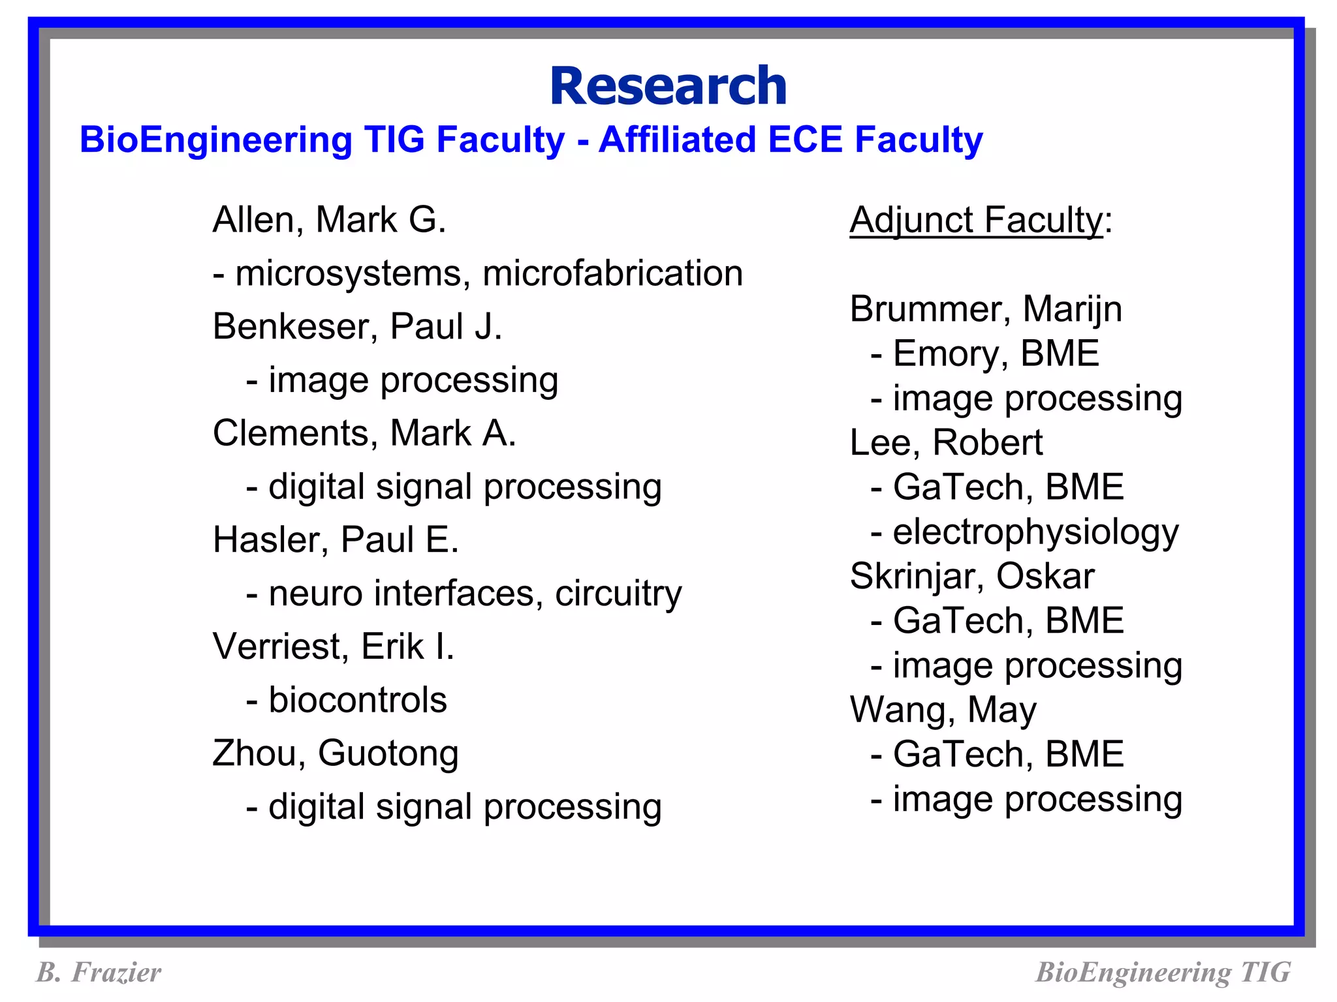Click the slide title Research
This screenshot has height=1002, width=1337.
668,86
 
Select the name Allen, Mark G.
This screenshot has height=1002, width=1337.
329,220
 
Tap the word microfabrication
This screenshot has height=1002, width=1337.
612,273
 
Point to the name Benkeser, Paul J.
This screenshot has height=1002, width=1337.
357,326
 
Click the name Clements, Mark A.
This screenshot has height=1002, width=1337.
364,433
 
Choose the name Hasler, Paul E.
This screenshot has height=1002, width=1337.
336,540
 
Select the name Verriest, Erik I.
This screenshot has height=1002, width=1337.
333,646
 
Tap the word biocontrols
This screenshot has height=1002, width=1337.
358,700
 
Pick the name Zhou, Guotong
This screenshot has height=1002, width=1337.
336,753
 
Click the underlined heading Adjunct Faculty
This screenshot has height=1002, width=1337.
976,220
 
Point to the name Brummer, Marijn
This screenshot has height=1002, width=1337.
985,309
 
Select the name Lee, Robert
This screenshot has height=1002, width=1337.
946,442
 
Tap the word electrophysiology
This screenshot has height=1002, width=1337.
1035,532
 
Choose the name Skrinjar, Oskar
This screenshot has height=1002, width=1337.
971,576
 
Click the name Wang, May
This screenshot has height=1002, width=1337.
943,710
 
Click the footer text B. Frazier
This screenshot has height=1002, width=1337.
99,972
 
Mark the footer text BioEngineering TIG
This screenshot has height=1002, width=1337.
1163,972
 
